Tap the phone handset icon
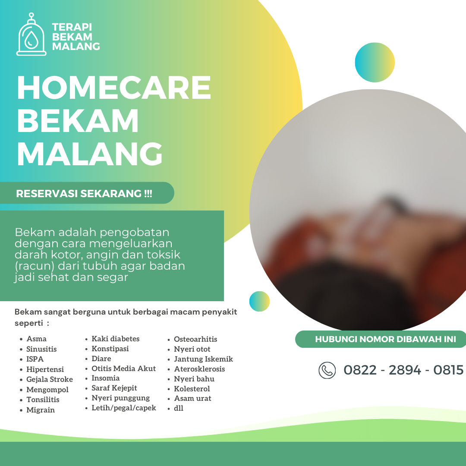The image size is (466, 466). click(x=327, y=370)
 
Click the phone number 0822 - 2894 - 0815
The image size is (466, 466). click(x=403, y=370)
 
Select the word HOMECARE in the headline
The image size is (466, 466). click(x=114, y=87)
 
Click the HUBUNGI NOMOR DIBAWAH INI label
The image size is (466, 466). click(x=385, y=339)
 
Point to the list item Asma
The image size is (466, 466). click(x=36, y=339)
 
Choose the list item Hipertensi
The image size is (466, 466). click(x=45, y=369)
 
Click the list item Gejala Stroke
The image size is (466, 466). click(x=50, y=379)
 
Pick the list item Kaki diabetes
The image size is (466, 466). click(x=115, y=339)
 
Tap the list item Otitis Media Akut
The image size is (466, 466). click(x=124, y=368)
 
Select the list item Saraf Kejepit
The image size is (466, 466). click(x=114, y=388)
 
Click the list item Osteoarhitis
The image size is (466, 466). click(x=195, y=339)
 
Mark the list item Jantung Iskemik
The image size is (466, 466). click(x=204, y=359)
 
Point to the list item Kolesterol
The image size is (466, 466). click(x=192, y=389)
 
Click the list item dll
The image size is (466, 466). click(x=179, y=408)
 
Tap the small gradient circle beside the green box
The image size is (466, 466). click(x=259, y=301)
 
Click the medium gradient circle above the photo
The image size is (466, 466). click(x=375, y=63)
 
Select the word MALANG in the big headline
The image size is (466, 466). click(x=90, y=154)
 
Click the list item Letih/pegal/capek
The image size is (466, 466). click(x=124, y=408)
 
